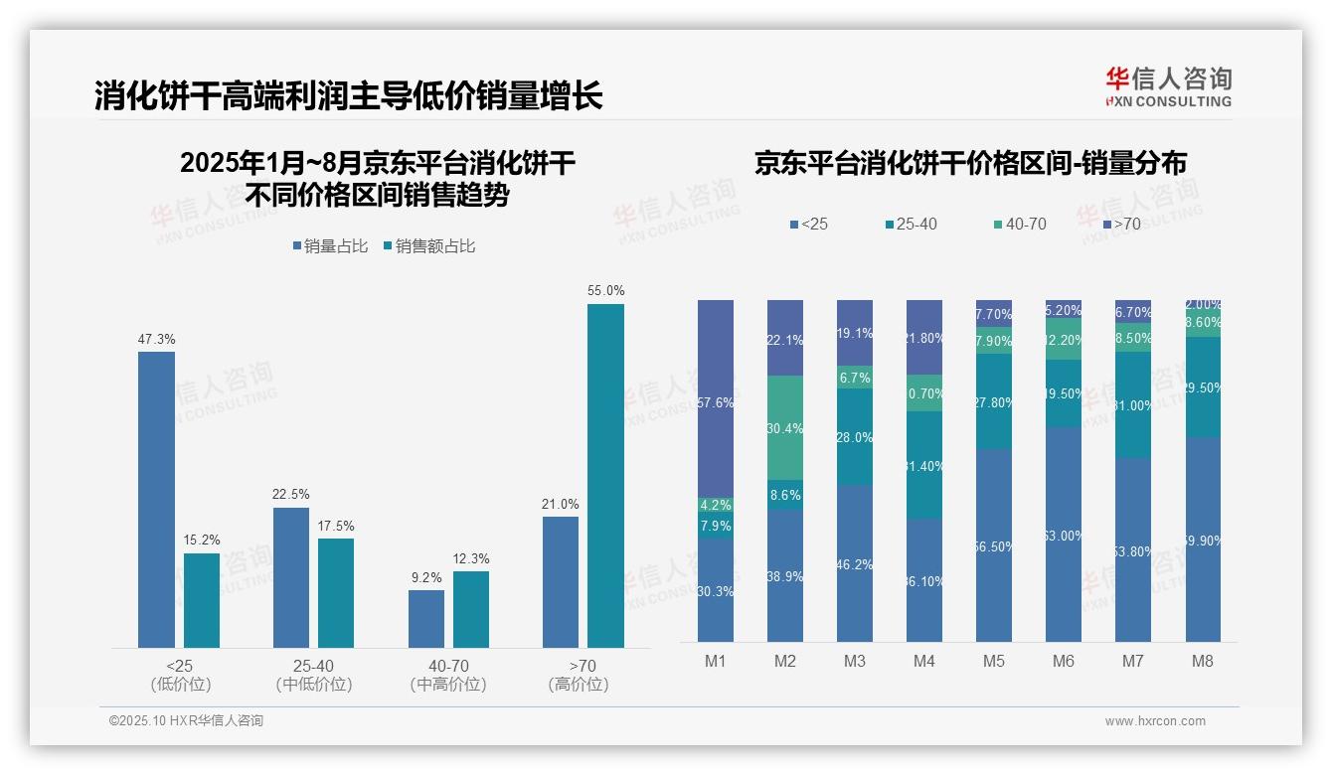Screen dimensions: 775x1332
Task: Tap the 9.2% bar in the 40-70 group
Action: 425,618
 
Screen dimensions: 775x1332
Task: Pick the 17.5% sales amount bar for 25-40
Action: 336,592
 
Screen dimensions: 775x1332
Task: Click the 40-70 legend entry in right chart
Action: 1019,225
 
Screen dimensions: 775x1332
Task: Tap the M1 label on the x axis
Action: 716,661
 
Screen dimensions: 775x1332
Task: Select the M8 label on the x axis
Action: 1203,661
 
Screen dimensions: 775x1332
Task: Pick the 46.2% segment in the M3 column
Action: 855,563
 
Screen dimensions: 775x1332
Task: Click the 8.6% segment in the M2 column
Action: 785,495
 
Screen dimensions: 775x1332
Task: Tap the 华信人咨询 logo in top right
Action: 1168,86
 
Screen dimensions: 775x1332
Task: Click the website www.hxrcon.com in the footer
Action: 1154,721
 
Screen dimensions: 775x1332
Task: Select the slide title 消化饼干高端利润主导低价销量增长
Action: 348,96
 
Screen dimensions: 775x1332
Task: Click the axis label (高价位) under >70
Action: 578,685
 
